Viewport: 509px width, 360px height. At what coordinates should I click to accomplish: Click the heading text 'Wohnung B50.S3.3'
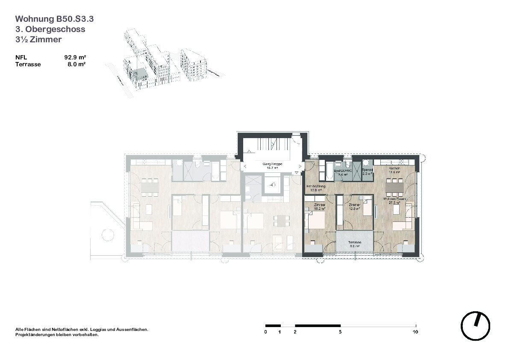[x=54, y=19]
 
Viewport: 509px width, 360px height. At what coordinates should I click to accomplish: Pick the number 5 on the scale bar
[x=340, y=332]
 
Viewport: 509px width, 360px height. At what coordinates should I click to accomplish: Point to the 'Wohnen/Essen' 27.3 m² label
[x=394, y=201]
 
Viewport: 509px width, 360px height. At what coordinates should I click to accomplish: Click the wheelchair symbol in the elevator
[x=272, y=185]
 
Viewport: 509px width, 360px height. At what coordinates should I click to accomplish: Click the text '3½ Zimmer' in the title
[x=38, y=39]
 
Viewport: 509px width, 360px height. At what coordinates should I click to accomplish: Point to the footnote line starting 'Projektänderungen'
[x=57, y=335]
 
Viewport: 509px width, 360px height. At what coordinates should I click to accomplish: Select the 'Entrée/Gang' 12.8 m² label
[x=316, y=189]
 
